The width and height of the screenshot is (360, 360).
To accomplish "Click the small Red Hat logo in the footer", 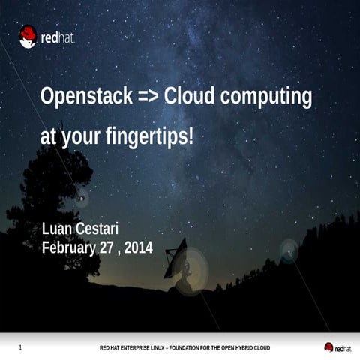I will pyautogui.click(x=337, y=347).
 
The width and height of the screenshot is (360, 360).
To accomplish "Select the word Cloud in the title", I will pyautogui.click(x=189, y=97).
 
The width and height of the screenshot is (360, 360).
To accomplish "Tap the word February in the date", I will pyautogui.click(x=68, y=247).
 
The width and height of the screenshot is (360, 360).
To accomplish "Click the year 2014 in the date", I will pyautogui.click(x=139, y=247).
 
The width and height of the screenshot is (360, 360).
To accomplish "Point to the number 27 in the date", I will pyautogui.click(x=109, y=247).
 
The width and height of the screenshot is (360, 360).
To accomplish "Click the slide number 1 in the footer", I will pyautogui.click(x=20, y=347).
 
